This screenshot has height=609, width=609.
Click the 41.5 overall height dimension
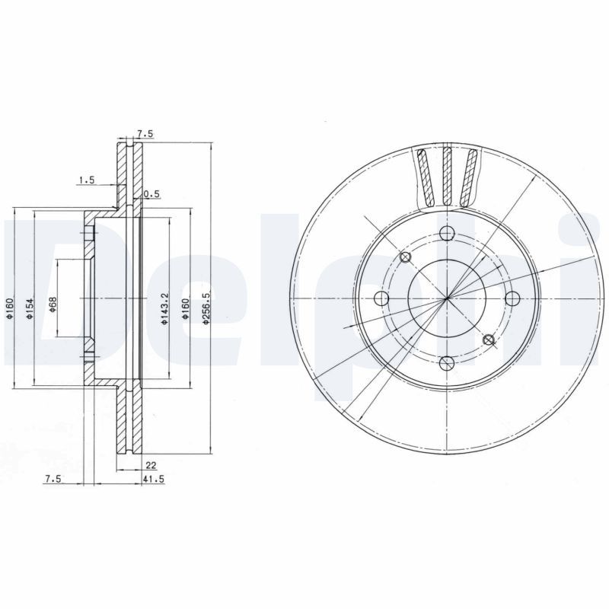coord(154,479)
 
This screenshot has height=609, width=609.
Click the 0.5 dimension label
coord(151,194)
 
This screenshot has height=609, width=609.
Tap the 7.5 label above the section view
coord(145,134)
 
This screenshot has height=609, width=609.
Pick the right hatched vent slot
coord(471,177)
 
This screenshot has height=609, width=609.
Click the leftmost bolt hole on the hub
coord(382,298)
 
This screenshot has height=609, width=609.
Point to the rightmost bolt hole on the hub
coord(512,298)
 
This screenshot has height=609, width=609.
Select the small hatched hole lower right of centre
coord(489,340)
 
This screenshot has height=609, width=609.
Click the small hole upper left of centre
coord(405,257)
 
